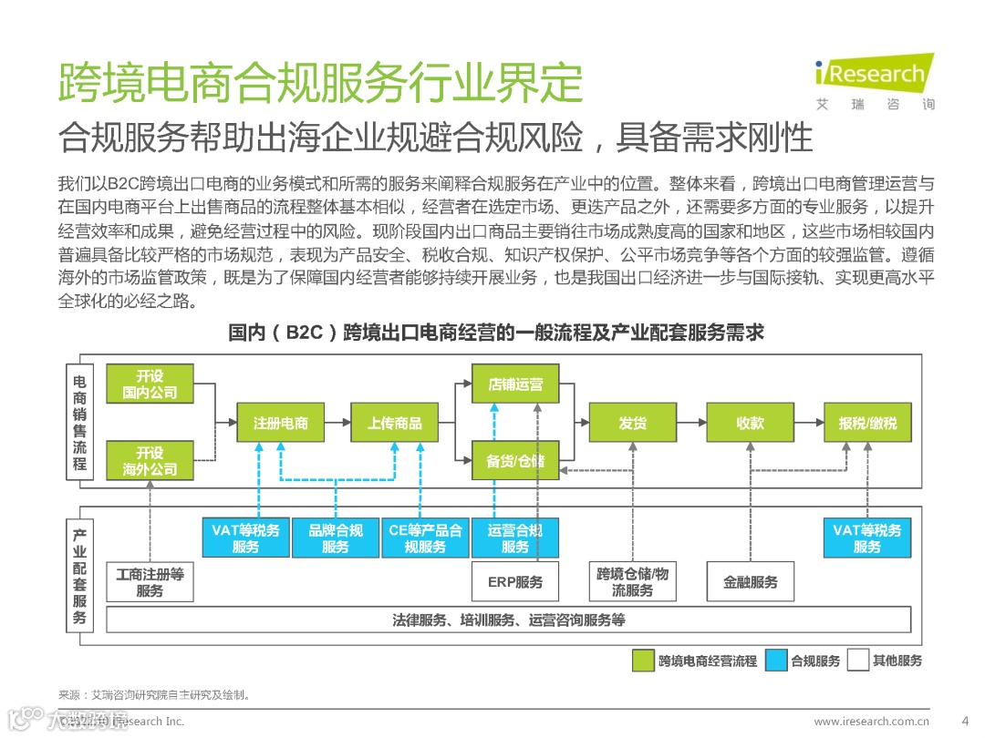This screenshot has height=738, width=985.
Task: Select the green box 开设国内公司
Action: pyautogui.click(x=150, y=384)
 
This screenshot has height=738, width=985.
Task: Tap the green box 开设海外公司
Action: pyautogui.click(x=150, y=461)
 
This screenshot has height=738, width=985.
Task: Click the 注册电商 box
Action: pyautogui.click(x=280, y=423)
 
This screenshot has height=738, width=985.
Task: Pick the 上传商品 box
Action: pyautogui.click(x=395, y=423)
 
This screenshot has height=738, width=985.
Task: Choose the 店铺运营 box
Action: pyautogui.click(x=515, y=384)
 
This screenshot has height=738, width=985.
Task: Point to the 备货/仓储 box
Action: pyautogui.click(x=515, y=461)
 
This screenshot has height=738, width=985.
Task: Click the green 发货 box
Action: pyautogui.click(x=632, y=423)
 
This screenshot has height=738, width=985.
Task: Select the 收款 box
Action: pyautogui.click(x=750, y=423)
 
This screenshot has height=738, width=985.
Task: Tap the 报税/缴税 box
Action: pyautogui.click(x=867, y=423)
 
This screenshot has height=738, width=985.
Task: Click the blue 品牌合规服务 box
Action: pyautogui.click(x=335, y=538)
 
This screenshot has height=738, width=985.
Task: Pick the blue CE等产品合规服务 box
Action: pyautogui.click(x=425, y=538)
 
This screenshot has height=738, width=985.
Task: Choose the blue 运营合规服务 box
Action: pyautogui.click(x=515, y=538)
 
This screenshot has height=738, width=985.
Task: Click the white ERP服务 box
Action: pyautogui.click(x=515, y=582)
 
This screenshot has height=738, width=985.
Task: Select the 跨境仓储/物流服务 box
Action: pyautogui.click(x=632, y=581)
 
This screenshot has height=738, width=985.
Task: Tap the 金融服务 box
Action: pyautogui.click(x=750, y=582)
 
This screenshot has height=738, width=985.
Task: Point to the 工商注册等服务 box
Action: pyautogui.click(x=150, y=581)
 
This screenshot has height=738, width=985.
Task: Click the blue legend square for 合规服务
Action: pyautogui.click(x=776, y=661)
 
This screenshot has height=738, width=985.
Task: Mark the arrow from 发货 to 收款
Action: pyautogui.click(x=690, y=423)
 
